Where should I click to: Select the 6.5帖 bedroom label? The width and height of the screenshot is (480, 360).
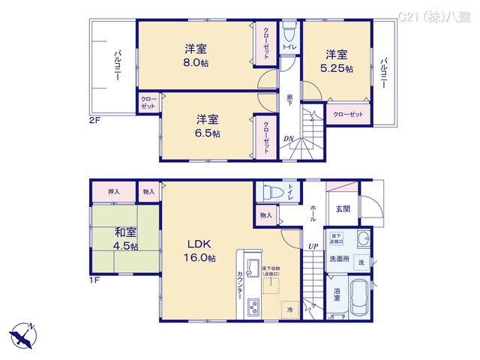[x=208, y=133]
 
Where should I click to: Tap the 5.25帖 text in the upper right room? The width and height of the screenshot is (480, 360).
[x=338, y=68]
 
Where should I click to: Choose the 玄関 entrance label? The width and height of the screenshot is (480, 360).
[x=343, y=208]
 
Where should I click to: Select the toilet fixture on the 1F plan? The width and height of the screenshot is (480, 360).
[x=268, y=192]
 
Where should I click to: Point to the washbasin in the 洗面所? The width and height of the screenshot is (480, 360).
[x=363, y=240]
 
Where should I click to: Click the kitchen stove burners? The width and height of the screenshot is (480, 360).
[x=253, y=307]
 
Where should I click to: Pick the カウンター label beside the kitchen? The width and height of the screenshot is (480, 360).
[x=239, y=284]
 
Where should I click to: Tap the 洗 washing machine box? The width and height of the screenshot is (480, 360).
[x=360, y=262]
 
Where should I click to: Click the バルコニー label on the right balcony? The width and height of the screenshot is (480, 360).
[x=383, y=73]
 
